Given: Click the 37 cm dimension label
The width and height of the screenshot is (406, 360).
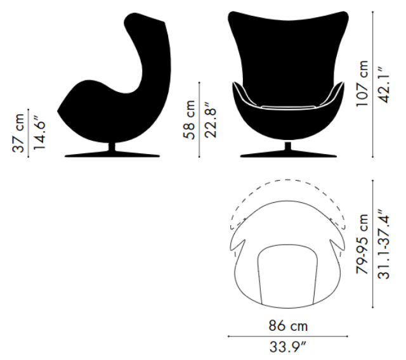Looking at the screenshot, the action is click(x=18, y=132).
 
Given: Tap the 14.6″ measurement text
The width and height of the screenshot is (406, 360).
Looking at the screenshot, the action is click(x=39, y=132).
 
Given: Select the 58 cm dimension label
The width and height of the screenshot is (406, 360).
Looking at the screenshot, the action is click(x=189, y=120).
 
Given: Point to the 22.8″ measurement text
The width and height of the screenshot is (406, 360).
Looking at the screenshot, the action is click(x=210, y=120).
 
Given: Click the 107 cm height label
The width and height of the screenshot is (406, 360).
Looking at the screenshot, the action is click(x=362, y=83).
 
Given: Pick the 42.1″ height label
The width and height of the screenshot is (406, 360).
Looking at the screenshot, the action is click(x=383, y=85).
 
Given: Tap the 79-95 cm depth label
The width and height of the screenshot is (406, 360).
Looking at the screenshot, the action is click(x=362, y=244).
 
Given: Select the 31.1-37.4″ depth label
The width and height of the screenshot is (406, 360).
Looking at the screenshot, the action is click(x=383, y=244).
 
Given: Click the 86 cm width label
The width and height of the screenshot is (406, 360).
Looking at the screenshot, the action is click(x=288, y=326).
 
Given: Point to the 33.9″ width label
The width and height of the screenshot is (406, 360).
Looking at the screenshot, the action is click(x=288, y=347).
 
